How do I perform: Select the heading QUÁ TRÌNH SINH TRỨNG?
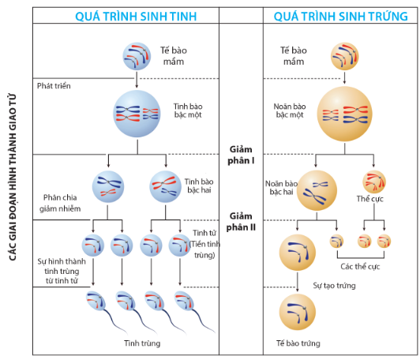click(338, 14)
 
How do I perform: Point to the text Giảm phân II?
click(242, 222)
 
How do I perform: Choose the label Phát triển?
click(55, 84)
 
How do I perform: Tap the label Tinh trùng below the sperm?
click(141, 343)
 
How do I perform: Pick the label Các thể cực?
click(359, 266)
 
